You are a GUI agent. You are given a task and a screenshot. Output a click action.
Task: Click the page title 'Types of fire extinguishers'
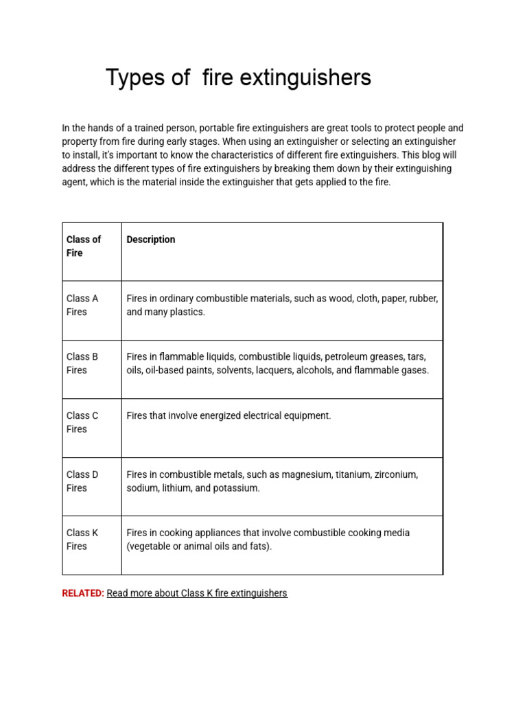[238, 78]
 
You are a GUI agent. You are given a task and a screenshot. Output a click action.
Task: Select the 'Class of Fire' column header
[83, 246]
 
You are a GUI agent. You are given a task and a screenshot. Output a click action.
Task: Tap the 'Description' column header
[151, 240]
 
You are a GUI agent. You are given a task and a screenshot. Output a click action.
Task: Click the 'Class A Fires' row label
[82, 305]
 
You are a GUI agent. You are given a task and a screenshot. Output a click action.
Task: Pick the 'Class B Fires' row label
[82, 363]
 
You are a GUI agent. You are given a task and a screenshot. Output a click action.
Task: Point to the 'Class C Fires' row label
[82, 422]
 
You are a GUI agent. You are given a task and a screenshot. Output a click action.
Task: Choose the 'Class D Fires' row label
[82, 481]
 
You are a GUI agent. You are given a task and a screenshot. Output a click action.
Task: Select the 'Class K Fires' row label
[82, 539]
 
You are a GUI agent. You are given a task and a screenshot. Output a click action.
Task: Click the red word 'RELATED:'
[83, 593]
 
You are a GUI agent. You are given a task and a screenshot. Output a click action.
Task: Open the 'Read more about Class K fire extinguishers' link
[197, 593]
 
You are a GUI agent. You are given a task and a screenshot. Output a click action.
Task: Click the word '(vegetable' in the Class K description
[150, 546]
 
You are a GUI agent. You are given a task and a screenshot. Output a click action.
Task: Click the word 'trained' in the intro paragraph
[135, 128]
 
